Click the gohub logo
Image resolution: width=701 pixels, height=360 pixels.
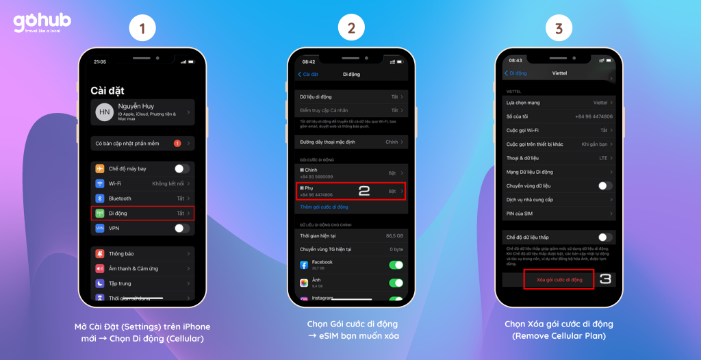click(x=41, y=23)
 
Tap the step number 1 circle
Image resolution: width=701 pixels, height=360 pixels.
click(x=142, y=29)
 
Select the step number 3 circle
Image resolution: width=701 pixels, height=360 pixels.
click(x=559, y=29)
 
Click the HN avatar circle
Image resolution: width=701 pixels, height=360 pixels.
click(x=105, y=113)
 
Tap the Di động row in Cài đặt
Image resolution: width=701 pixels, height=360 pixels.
click(x=142, y=214)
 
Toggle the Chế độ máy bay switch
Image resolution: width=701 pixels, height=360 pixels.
click(x=181, y=168)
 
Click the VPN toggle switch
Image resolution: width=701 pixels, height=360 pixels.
click(x=181, y=228)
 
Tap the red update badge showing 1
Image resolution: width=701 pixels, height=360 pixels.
click(x=177, y=143)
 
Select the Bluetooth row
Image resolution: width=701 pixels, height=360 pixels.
click(x=142, y=198)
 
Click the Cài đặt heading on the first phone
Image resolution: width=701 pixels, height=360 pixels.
click(x=107, y=90)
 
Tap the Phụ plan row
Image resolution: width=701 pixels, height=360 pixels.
click(x=351, y=191)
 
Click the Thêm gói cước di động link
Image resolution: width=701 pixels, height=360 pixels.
click(x=324, y=207)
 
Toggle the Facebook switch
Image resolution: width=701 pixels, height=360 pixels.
click(x=396, y=265)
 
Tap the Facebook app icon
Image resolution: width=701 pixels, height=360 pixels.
click(x=304, y=265)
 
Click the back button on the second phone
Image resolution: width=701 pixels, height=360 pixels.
click(x=307, y=74)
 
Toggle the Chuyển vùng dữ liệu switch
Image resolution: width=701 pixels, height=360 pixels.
click(x=605, y=185)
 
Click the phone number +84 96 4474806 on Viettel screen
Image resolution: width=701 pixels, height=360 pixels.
click(x=594, y=116)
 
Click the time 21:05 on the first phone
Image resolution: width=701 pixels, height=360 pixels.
click(x=100, y=62)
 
